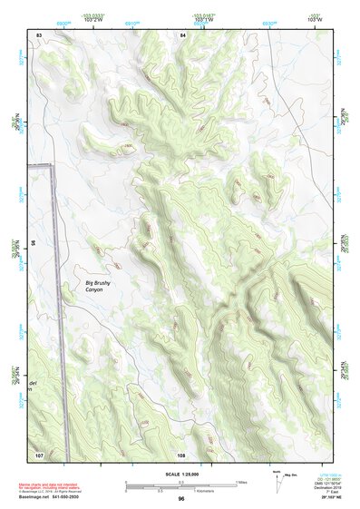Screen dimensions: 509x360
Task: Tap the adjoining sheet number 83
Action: click(39, 34)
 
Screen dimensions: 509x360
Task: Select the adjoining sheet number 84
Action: click(182, 34)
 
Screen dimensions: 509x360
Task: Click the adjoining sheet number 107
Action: click(39, 453)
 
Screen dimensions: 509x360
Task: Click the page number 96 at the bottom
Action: click(181, 498)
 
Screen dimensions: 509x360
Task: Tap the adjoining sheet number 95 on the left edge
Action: click(33, 243)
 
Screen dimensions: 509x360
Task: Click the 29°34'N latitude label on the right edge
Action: click(343, 369)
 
